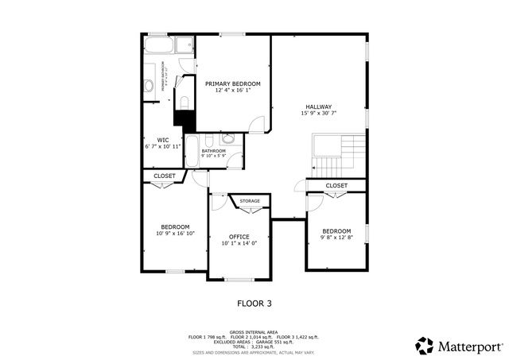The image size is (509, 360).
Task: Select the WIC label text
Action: (x=162, y=140)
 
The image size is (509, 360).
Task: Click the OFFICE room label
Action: (x=239, y=236)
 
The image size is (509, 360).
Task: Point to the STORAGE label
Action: (x=250, y=201)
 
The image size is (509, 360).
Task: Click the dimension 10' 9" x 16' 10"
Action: (x=175, y=234)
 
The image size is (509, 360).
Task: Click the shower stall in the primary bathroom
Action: (x=185, y=45)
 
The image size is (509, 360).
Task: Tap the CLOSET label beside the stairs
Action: (x=336, y=185)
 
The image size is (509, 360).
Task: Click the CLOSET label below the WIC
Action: (x=165, y=176)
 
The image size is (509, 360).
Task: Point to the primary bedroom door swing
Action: (x=258, y=124)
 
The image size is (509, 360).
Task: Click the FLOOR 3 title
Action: (x=254, y=303)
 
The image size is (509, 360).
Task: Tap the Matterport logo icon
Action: (x=425, y=346)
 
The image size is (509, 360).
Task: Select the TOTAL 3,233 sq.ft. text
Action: (x=254, y=346)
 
